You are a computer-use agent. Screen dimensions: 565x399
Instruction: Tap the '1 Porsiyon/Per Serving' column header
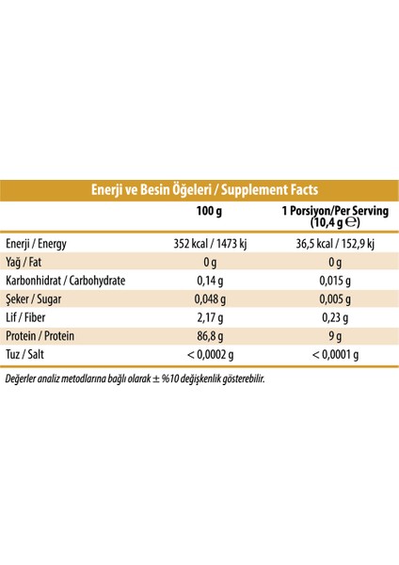click(x=334, y=218)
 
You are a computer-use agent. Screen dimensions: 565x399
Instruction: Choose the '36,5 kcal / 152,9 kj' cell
click(x=335, y=244)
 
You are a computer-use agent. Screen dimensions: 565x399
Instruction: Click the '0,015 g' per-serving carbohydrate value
click(x=335, y=281)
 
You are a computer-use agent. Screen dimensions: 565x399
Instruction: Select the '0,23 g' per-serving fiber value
click(x=335, y=317)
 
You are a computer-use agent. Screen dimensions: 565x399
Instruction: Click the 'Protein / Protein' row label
click(x=41, y=336)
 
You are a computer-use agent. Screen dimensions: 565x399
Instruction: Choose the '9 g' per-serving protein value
click(x=335, y=336)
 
